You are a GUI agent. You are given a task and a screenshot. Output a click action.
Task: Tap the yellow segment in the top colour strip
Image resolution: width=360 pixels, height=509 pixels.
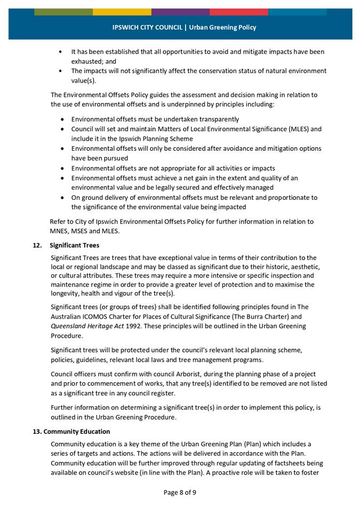click(122, 12)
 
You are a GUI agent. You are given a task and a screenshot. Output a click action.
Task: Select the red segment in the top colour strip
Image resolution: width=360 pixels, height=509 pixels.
click(238, 12)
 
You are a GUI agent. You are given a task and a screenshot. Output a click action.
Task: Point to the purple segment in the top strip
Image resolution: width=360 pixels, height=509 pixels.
click(180, 12)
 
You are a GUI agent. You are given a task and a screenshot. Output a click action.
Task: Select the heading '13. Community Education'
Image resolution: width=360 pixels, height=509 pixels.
click(71, 431)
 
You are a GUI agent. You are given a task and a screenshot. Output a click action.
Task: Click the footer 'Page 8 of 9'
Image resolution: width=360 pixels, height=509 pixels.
click(180, 492)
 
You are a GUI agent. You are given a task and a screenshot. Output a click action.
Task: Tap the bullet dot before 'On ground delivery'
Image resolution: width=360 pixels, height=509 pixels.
click(63, 197)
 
